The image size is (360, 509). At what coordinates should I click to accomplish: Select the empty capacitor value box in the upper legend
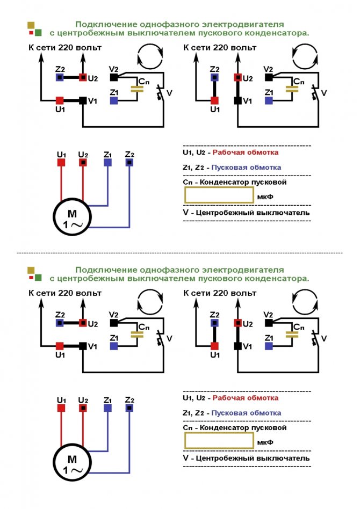pyautogui.click(x=219, y=195)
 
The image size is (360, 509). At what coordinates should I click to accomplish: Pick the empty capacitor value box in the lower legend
pyautogui.click(x=219, y=440)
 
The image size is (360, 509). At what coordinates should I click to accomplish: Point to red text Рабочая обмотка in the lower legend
pyautogui.click(x=246, y=398)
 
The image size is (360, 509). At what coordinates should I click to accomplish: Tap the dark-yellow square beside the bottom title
pyautogui.click(x=31, y=269)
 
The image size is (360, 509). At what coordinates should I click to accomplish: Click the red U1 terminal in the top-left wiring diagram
pyautogui.click(x=60, y=100)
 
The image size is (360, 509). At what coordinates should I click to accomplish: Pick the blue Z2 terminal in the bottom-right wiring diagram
pyautogui.click(x=215, y=323)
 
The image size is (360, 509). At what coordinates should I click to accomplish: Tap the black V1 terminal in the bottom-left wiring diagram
pyautogui.click(x=83, y=346)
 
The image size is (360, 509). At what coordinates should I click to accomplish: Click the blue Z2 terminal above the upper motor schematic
pyautogui.click(x=129, y=162)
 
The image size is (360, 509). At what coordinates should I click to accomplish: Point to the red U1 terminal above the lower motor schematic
pyautogui.click(x=61, y=408)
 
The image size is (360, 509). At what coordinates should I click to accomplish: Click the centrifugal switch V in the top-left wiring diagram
pyautogui.click(x=160, y=94)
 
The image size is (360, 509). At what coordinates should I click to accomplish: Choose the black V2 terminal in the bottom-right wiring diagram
pyautogui.click(x=269, y=323)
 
